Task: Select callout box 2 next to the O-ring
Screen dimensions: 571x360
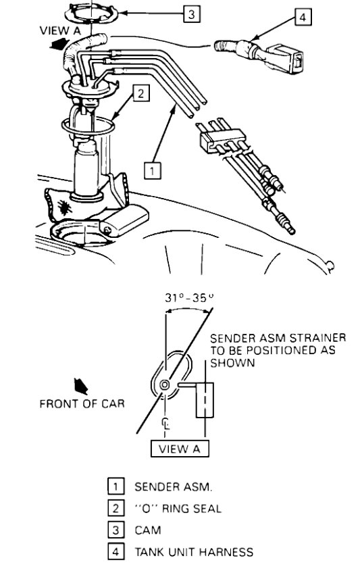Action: tap(140, 94)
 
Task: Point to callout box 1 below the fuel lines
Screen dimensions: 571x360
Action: tap(153, 171)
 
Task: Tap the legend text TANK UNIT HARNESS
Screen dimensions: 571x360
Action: tap(194, 552)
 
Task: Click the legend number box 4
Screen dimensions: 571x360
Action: tap(115, 552)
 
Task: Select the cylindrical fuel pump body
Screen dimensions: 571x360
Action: tap(88, 169)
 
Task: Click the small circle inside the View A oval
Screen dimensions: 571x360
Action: tap(165, 385)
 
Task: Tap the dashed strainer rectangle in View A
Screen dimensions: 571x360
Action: tap(205, 401)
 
